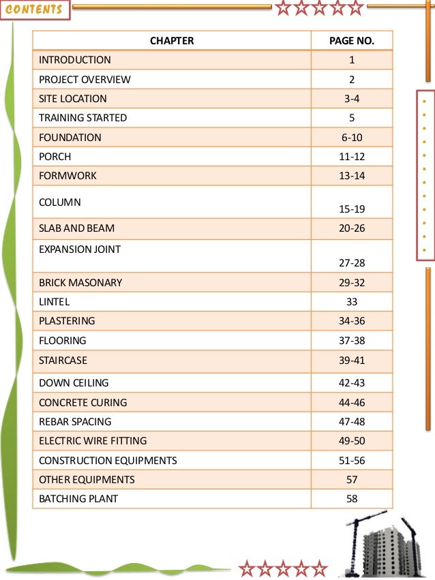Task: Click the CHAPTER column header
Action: [172, 41]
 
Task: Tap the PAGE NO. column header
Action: [351, 41]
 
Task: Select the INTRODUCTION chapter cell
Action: [75, 60]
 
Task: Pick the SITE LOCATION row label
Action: [73, 98]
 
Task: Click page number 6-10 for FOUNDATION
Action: [352, 137]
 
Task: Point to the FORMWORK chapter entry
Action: [68, 175]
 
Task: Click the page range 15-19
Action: [352, 208]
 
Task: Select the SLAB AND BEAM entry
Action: [77, 228]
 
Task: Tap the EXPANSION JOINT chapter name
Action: [80, 249]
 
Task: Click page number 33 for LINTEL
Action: [352, 301]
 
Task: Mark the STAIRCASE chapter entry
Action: [63, 359]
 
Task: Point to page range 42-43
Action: [352, 383]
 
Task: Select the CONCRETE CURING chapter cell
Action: [83, 402]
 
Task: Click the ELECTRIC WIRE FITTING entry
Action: [93, 440]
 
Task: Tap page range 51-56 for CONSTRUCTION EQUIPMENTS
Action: [352, 460]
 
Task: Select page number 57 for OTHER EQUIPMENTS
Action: [352, 479]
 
